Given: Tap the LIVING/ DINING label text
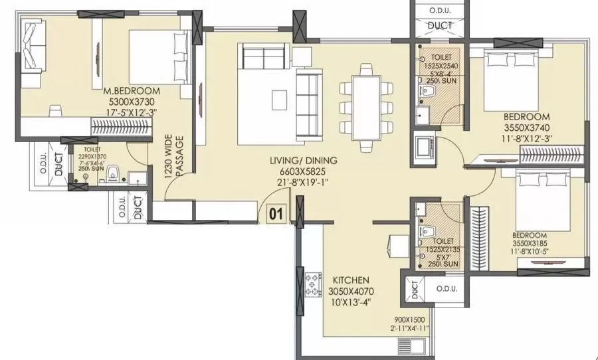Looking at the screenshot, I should (303, 161).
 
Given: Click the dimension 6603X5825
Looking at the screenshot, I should (303, 171).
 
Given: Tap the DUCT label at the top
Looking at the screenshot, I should (440, 26).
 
